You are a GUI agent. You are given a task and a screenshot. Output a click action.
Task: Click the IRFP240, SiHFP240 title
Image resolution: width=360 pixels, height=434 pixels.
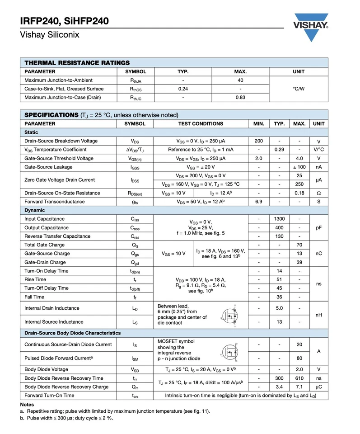click(64, 21)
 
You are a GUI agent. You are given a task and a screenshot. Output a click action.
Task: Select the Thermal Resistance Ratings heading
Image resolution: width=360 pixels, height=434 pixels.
click(77, 63)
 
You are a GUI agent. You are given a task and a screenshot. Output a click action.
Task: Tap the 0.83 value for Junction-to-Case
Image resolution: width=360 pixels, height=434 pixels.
click(240, 97)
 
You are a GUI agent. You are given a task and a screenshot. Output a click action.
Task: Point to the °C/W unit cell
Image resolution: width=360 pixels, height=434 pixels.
click(299, 89)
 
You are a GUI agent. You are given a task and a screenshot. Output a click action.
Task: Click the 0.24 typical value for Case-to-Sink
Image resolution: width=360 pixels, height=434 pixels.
click(183, 89)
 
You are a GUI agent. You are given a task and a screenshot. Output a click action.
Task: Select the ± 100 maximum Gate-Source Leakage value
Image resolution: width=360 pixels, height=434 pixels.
click(299, 167)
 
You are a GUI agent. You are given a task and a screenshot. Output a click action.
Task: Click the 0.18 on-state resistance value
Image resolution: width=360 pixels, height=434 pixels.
click(299, 193)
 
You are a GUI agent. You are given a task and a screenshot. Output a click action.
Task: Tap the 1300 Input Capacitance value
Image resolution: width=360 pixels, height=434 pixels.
click(279, 219)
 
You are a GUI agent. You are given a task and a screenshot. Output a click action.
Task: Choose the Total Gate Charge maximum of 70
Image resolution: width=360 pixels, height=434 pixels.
click(299, 245)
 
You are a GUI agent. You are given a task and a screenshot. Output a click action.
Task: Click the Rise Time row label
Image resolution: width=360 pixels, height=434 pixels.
click(35, 279)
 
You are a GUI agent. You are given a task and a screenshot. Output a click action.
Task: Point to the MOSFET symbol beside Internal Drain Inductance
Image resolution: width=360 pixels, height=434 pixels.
click(229, 315)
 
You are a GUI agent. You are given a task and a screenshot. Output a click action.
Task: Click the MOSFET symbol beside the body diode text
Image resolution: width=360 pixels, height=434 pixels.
click(229, 351)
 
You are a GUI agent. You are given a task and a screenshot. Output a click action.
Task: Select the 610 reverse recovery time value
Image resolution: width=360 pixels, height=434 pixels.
click(299, 378)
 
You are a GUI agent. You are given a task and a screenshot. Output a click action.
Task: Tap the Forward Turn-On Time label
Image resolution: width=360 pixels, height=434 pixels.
click(49, 395)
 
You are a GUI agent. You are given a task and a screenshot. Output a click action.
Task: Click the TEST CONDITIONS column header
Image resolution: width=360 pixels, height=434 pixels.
click(200, 123)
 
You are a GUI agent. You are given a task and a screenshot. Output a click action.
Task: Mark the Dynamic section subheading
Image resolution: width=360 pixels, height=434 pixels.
click(35, 210)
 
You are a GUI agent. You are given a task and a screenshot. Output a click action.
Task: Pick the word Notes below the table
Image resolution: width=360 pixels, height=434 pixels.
click(27, 404)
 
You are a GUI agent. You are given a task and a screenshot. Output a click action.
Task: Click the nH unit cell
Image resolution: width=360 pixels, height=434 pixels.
click(318, 315)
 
